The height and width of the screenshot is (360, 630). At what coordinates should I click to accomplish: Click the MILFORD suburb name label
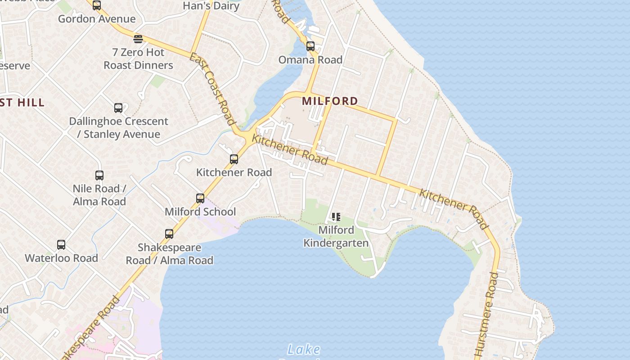point(330,101)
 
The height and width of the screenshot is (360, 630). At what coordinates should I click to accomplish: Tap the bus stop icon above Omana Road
point(310,46)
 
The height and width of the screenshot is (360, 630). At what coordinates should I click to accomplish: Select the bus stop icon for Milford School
point(200,198)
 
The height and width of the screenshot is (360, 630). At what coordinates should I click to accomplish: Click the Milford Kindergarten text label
point(336,237)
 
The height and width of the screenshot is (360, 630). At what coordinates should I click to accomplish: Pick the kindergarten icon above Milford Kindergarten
point(336,217)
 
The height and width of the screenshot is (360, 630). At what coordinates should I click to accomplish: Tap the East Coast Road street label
point(212,89)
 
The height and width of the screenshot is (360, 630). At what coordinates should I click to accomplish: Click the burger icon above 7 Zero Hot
point(138,39)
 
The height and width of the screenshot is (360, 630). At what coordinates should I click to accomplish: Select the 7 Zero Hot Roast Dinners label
point(138,59)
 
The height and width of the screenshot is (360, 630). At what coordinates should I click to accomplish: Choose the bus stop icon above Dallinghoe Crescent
point(118,108)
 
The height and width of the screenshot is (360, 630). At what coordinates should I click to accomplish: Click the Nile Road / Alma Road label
point(99,195)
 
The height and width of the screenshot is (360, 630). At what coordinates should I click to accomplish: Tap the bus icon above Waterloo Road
point(61,245)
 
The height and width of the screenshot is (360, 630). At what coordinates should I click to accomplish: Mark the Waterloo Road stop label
point(61,258)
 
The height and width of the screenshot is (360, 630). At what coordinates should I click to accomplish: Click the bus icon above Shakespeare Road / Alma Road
point(169,234)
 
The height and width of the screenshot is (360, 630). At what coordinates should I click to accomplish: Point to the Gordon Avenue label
point(97,19)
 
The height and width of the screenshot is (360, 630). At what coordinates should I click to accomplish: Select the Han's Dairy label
point(211,6)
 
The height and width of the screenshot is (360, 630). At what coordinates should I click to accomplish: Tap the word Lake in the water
point(304,349)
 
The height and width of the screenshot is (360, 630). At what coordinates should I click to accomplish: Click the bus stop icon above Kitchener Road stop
point(234,159)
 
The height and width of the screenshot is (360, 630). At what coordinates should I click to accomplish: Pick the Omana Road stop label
point(310,60)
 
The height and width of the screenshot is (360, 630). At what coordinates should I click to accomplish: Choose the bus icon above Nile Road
point(99,175)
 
